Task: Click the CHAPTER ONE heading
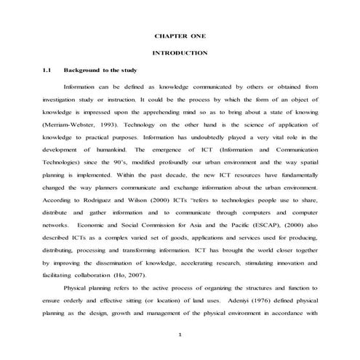tap(180, 36)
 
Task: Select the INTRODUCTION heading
tap(180, 53)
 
